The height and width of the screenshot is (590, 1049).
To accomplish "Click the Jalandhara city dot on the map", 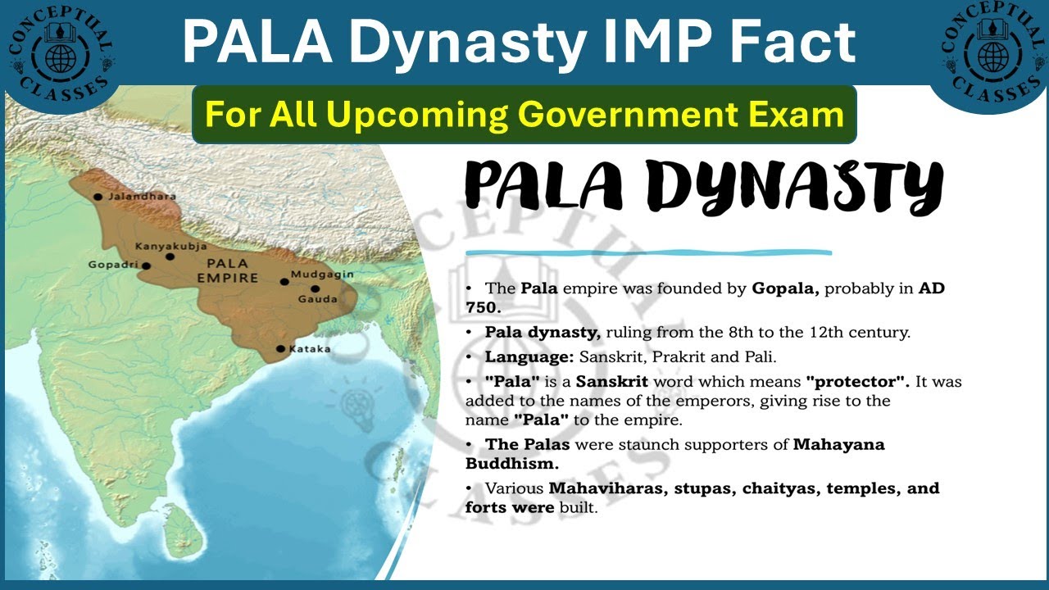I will pos(98,197).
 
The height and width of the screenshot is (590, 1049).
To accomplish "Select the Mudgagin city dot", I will pos(284,281).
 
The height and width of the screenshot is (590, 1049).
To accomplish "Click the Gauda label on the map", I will pos(324,299).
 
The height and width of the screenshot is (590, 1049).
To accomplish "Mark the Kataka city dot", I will pos(280,349).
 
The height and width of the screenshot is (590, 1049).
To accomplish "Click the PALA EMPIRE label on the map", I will pos(228,271).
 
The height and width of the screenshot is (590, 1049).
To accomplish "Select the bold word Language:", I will pos(529,357).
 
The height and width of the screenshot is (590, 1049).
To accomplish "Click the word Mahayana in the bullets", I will pos(838,445).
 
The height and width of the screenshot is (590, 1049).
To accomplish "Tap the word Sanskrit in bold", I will pos(612,382).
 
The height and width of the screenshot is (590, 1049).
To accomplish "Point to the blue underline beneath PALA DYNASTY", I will pos(647,253).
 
